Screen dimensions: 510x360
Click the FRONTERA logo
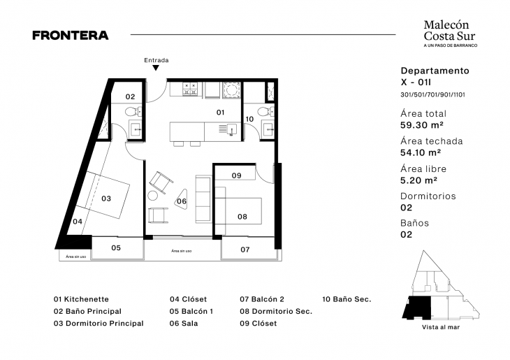(71, 35)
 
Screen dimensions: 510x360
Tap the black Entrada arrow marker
(156, 68)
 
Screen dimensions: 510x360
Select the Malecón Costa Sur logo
(451, 34)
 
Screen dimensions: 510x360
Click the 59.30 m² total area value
(422, 125)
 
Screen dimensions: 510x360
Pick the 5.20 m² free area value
(419, 180)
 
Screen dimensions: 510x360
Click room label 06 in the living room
(182, 201)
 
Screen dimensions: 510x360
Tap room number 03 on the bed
(106, 199)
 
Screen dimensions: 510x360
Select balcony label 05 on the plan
(116, 248)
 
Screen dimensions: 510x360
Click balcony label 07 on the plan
(245, 250)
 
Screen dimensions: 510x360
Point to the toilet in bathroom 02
(132, 112)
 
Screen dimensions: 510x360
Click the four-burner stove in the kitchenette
(190, 89)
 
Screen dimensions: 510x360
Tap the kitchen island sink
(231, 129)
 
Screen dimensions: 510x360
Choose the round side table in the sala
(153, 196)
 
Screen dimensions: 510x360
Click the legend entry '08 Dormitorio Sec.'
(276, 312)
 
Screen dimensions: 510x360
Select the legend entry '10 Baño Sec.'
(347, 299)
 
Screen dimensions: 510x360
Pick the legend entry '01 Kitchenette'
(81, 299)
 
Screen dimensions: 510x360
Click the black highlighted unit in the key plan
(417, 308)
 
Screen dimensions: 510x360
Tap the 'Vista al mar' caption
(441, 327)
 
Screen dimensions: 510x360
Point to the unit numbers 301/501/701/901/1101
(432, 95)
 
